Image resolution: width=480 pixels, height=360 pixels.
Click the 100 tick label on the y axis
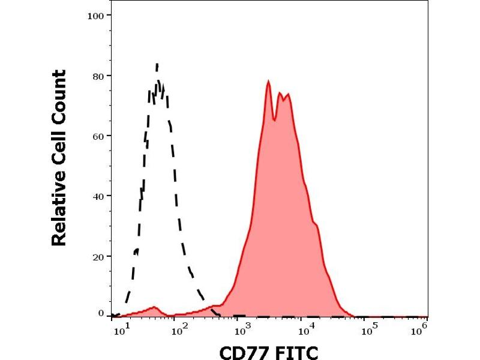95,14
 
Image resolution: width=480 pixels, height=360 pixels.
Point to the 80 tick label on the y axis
98,76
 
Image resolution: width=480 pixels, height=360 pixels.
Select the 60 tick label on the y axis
98,136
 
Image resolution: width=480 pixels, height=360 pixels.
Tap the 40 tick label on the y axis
98,196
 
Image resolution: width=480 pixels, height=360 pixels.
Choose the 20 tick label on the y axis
98,256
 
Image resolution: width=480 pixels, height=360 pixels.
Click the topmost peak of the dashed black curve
157,63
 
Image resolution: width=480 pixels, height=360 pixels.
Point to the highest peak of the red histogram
268,81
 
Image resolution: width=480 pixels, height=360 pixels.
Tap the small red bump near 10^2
155,307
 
